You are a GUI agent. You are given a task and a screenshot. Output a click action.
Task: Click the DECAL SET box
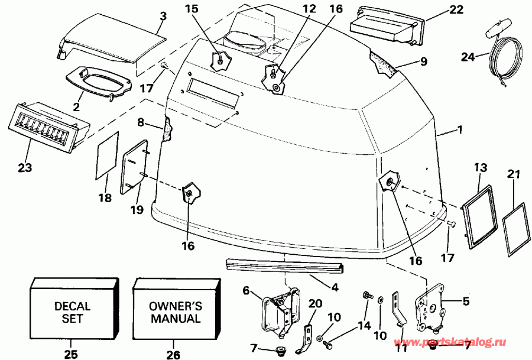point(72,312)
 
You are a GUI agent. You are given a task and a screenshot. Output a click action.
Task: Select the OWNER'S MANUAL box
point(176,312)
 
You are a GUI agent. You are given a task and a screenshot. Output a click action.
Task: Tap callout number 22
point(456,9)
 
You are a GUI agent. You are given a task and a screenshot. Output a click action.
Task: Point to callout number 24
point(468,57)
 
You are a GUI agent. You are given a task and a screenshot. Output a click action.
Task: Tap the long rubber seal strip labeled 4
point(284,267)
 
